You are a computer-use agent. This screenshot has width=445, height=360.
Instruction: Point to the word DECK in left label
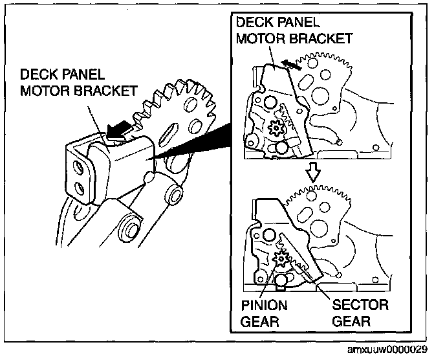(x=38, y=74)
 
